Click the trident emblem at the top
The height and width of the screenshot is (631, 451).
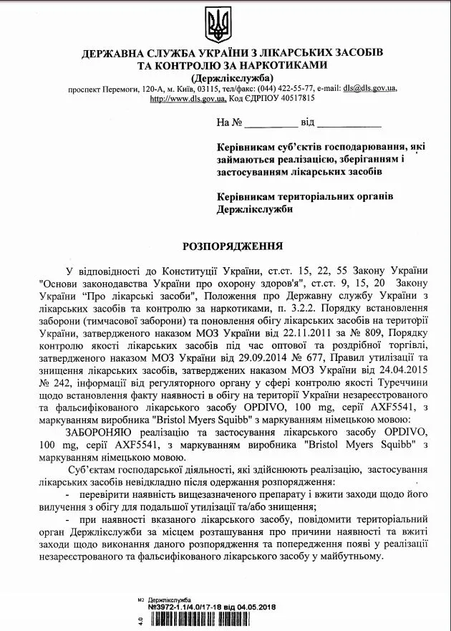pos(217,25)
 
